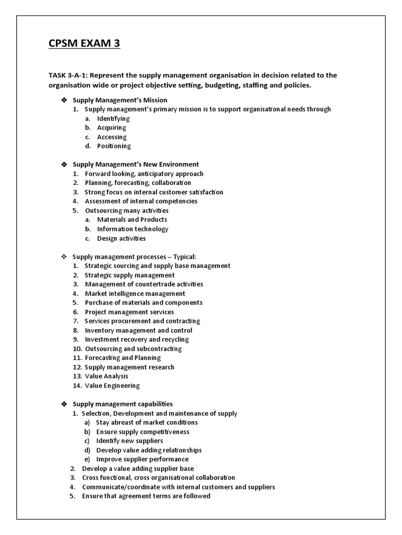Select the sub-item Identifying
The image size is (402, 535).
point(113,119)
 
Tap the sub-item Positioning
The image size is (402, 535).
point(114,146)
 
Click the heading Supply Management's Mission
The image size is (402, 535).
point(120,100)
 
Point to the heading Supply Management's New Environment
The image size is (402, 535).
point(136,165)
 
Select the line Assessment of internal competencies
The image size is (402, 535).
point(141,201)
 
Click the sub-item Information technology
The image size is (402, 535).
point(132,229)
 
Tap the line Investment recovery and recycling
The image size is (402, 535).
point(137,340)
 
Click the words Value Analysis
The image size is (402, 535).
point(106,376)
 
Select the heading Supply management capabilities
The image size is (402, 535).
point(122,404)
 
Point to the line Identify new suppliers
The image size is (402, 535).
point(129,441)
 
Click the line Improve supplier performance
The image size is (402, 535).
point(142,459)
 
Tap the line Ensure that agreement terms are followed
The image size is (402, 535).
point(146,496)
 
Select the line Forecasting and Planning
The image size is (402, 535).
point(122,358)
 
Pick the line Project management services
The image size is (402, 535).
point(129,312)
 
